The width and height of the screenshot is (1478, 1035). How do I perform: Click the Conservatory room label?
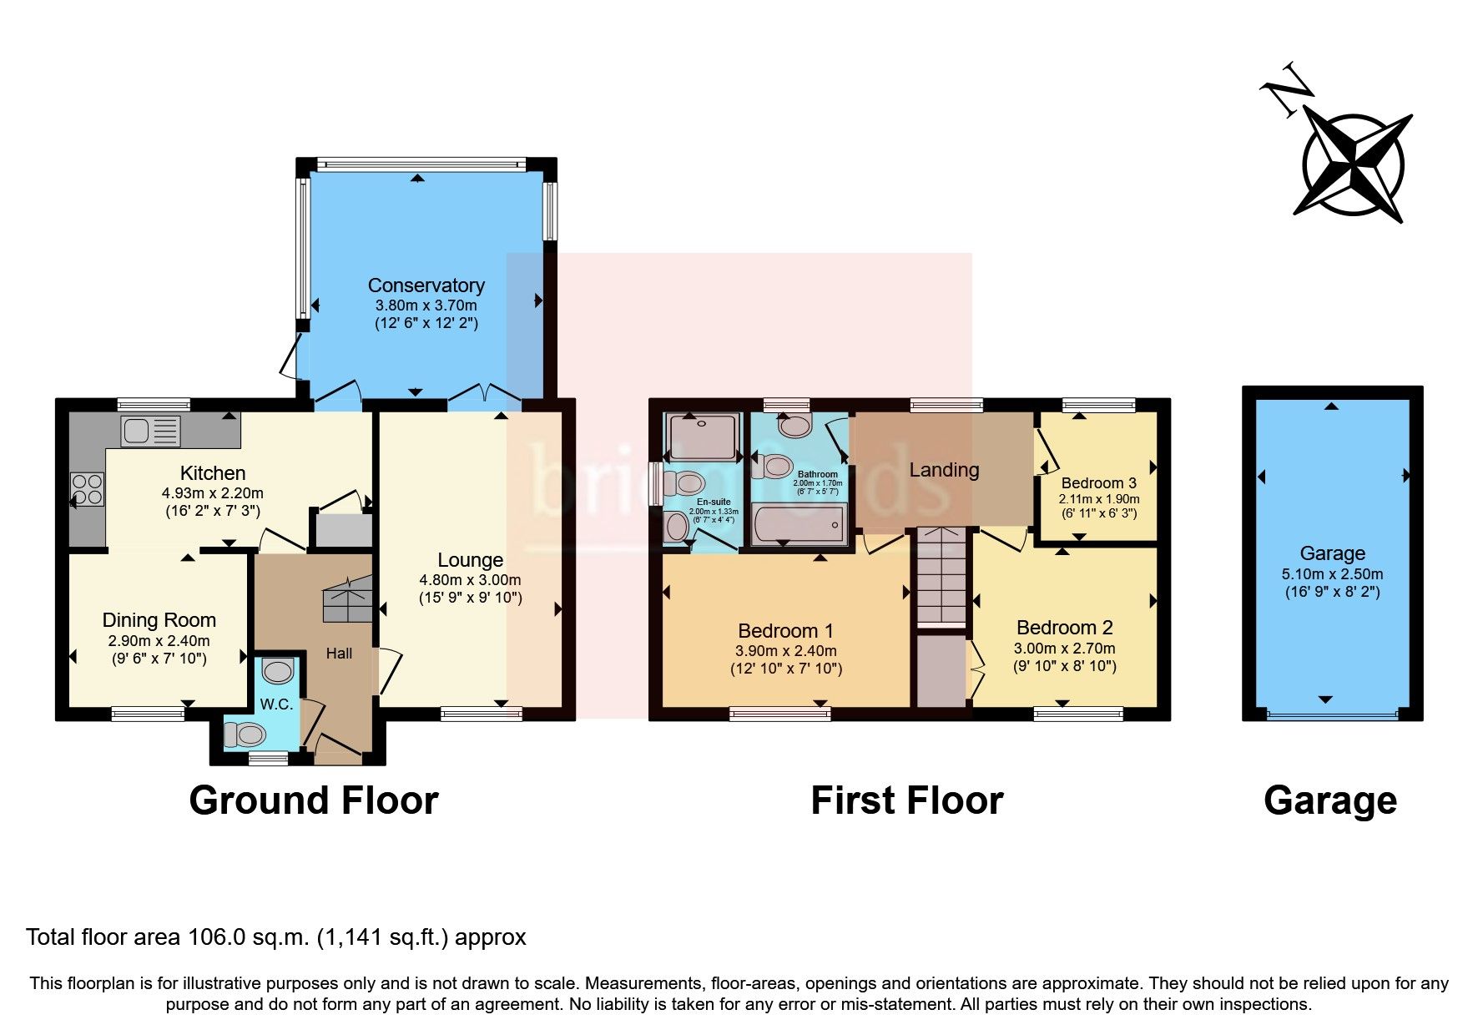(426, 285)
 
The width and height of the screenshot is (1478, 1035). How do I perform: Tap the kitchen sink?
(150, 431)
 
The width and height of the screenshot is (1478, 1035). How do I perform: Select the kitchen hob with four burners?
(88, 489)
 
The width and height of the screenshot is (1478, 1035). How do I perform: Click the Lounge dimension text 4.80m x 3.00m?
(470, 579)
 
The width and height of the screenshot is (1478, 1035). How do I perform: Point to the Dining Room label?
(159, 620)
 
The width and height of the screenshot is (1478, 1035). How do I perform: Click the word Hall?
(339, 654)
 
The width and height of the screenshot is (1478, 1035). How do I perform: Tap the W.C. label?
(276, 704)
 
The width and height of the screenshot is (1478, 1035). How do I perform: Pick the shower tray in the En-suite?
(702, 436)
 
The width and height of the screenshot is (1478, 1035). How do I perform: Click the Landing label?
(944, 470)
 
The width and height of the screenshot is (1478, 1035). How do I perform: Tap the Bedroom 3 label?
(1098, 483)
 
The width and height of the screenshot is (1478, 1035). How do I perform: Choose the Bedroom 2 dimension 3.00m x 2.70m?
(1064, 649)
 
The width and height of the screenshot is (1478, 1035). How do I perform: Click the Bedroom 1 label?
(785, 631)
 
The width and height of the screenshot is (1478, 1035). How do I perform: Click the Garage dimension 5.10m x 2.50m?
(1332, 574)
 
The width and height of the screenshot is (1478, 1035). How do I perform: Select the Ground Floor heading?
(313, 800)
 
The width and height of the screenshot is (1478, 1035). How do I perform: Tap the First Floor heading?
(906, 800)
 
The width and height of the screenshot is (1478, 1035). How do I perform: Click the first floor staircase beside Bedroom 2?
(941, 576)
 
